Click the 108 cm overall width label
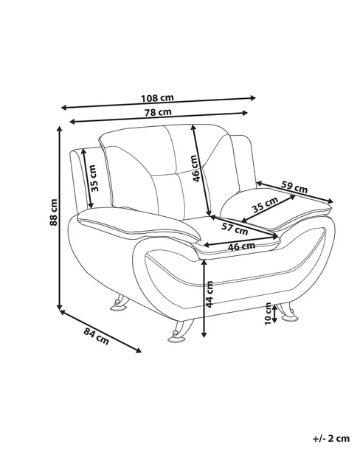pos(157,98)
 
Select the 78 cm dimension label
pos(158,112)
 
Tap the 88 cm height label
pos(54,212)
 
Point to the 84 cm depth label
pos(97,336)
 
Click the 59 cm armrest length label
pos(294,187)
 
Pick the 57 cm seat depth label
pos(235,229)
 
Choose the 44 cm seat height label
pos(210,294)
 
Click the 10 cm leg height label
pos(268,314)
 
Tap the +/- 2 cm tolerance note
pos(331,438)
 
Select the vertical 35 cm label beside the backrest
pos(94,178)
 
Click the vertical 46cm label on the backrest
pos(195,168)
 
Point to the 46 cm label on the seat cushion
pos(241,246)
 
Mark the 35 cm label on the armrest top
pos(265,204)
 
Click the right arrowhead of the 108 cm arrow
pos(253,98)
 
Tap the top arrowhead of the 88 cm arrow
pos(60,129)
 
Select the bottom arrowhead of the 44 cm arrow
pos(204,335)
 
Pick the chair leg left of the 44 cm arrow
pos(180,331)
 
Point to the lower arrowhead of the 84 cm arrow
pos(139,350)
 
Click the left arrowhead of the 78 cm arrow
pos(72,122)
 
